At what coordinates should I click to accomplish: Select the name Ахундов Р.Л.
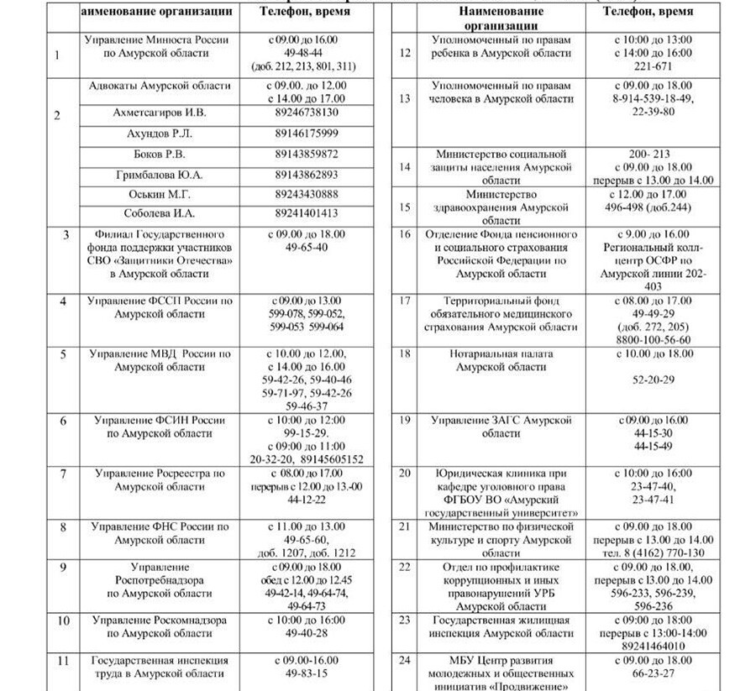[159, 133]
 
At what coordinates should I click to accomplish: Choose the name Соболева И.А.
[159, 213]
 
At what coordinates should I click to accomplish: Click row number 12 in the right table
[405, 53]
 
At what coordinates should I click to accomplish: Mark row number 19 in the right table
[405, 420]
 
